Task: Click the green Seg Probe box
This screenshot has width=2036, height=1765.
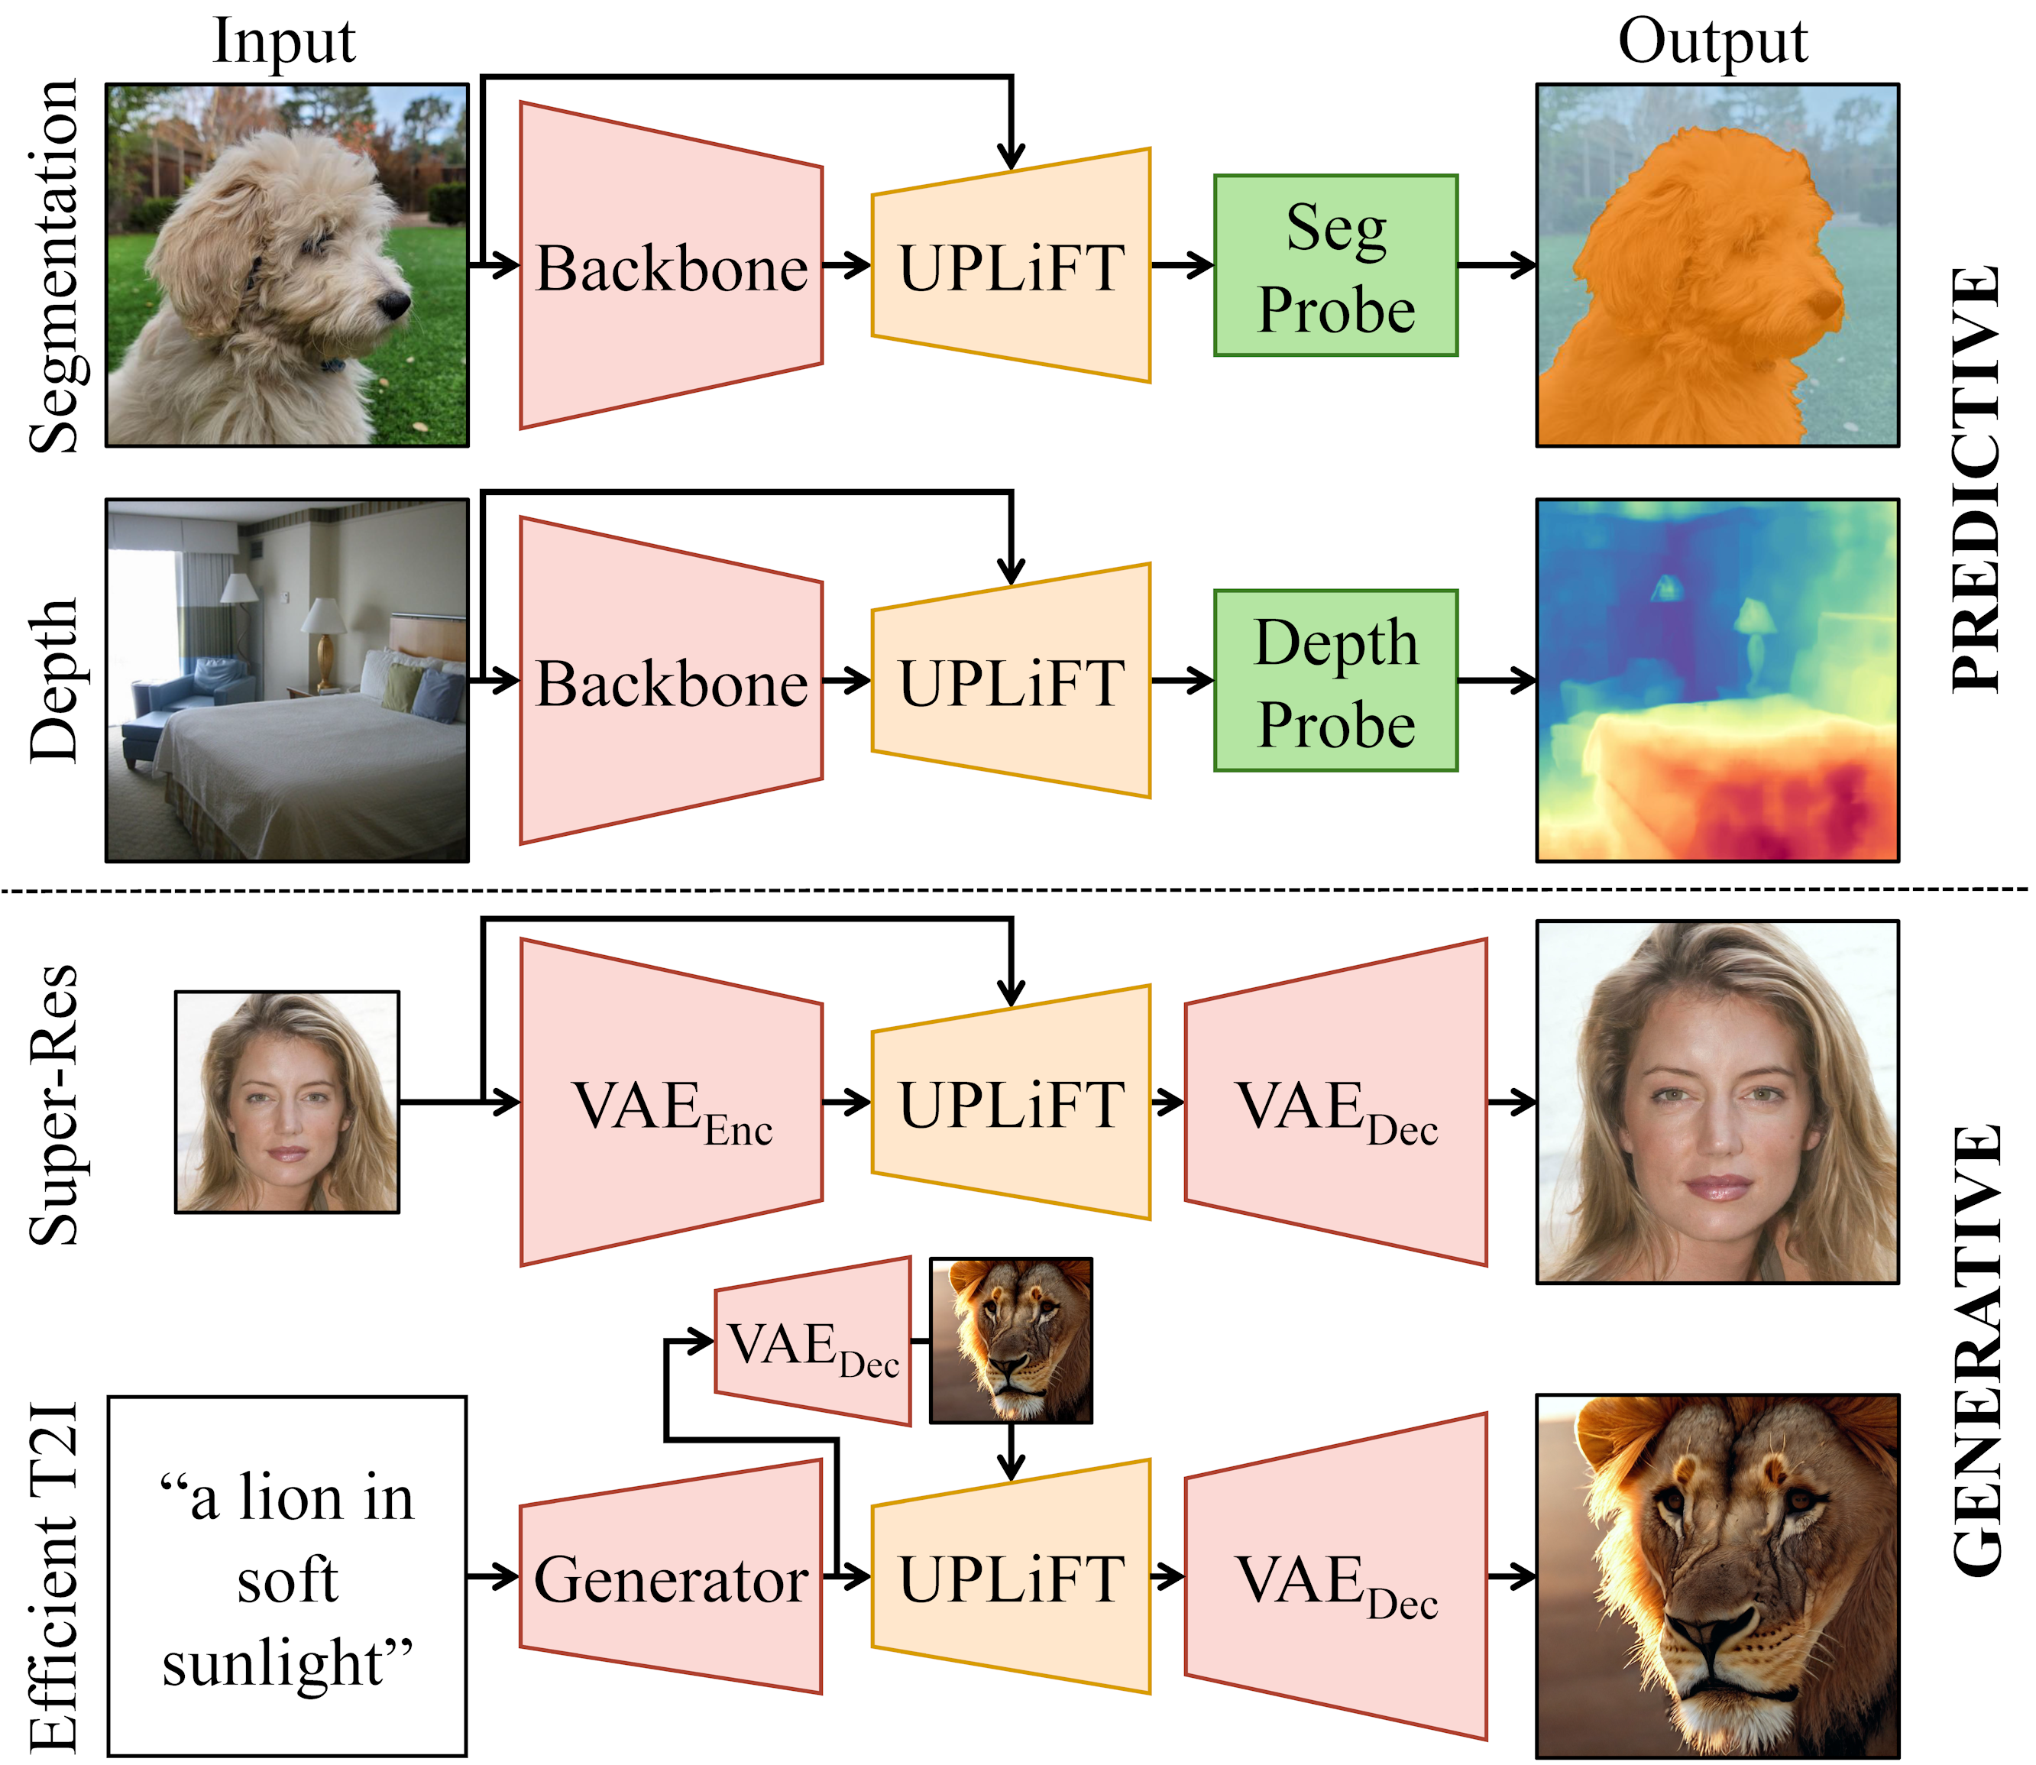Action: pos(1335,266)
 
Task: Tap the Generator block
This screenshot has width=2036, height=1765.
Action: pos(671,1578)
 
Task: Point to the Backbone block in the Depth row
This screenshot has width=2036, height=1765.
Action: pos(671,681)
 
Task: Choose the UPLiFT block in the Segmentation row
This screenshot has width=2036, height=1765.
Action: pos(1011,266)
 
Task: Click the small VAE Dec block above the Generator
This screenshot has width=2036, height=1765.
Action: pos(813,1342)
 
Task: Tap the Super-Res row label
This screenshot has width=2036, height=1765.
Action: pos(53,1104)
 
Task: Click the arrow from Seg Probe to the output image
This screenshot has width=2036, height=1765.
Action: pos(1495,265)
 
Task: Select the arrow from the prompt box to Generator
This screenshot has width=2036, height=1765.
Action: pos(493,1577)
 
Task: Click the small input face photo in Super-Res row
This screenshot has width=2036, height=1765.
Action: pos(286,1101)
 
